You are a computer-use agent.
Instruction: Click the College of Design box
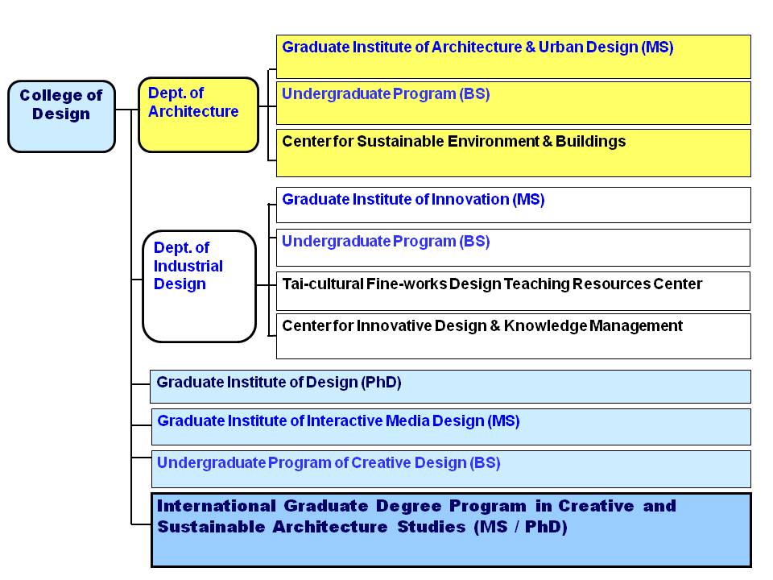62,116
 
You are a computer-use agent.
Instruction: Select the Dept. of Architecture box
199,115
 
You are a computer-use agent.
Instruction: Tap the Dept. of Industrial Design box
199,286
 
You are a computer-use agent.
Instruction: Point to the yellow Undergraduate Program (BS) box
513,103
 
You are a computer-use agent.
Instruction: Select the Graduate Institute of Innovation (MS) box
513,205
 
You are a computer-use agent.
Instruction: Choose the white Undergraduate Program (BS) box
513,247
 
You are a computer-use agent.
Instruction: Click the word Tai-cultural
322,284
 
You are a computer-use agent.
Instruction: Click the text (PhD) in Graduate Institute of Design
381,382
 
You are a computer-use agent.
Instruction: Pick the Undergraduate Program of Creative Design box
451,469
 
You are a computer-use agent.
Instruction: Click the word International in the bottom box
217,506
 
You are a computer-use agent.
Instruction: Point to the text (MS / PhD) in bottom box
520,527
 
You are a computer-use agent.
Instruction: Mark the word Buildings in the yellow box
590,142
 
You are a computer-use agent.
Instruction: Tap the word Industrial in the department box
188,266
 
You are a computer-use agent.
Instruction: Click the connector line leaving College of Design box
124,110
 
